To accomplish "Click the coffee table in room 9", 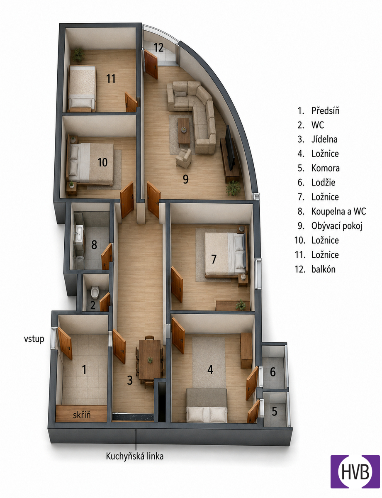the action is pos(184,132).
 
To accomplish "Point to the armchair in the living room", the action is pos(184,158).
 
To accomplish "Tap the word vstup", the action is pos(34,339).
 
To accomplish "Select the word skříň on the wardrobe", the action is pos(82,415).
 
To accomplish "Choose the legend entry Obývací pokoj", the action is pos(337,226).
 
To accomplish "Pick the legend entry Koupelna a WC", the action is pos(338,211).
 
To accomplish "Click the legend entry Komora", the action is pos(326,168).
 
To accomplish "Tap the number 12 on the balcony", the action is pos(158,47).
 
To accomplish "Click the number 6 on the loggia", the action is pos(273,372).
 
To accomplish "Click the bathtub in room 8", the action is pos(79,233).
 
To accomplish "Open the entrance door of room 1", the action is pos(65,343).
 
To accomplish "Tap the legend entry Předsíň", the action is pos(326,111).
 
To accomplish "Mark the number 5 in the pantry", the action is pos(274,411).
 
